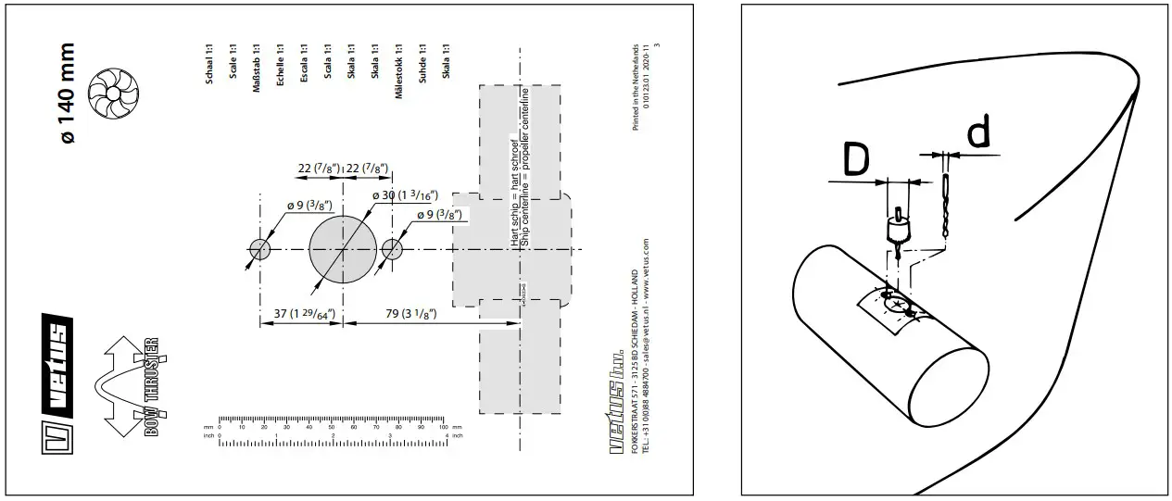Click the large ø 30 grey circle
coord(344,249)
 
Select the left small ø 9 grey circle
coord(259,249)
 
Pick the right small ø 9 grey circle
coord(393,249)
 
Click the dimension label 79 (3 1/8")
coord(411,316)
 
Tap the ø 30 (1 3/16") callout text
coord(405,196)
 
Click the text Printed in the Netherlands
coord(636,87)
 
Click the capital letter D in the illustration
coord(858,160)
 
